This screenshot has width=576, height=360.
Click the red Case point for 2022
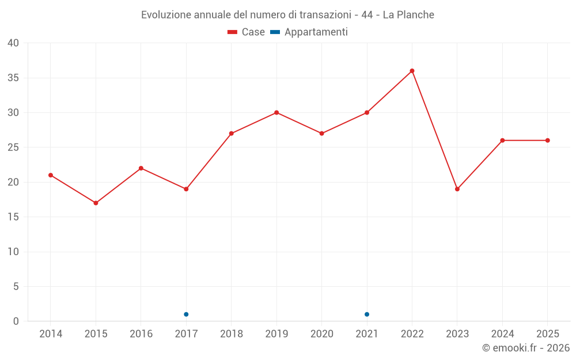[412, 71]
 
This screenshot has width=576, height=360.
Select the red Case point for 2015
[96, 203]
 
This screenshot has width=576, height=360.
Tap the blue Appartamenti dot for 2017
[186, 314]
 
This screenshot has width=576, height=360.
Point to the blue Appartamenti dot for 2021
[366, 314]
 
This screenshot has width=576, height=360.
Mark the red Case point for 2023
[457, 189]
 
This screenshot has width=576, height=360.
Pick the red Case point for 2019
[276, 112]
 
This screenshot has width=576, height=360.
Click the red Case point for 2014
[51, 175]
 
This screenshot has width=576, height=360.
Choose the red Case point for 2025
[547, 141]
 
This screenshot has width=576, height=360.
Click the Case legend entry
[246, 32]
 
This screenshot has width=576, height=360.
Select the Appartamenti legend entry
[309, 32]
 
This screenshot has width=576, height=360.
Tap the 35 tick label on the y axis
[13, 78]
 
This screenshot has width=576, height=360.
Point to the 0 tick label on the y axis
[16, 321]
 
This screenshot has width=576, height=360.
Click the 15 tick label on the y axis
[13, 217]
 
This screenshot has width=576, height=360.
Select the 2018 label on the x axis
[232, 334]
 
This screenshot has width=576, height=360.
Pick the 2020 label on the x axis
[322, 334]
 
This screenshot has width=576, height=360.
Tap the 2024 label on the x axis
[502, 334]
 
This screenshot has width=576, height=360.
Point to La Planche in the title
[408, 15]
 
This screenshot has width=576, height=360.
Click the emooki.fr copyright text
[526, 347]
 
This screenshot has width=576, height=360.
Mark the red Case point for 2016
[141, 168]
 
